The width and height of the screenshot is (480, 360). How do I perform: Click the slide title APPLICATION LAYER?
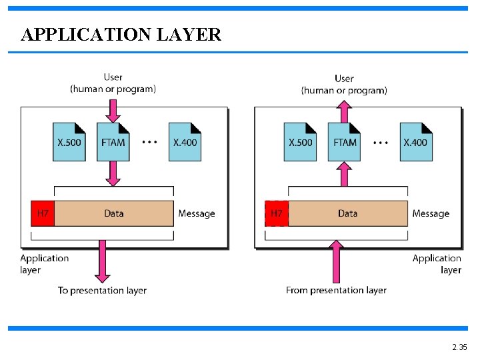click(121, 34)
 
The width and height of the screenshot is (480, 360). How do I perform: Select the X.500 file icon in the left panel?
click(69, 142)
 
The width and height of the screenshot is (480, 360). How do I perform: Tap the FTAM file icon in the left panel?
click(113, 142)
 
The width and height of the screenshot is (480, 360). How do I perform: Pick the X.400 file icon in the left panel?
click(185, 142)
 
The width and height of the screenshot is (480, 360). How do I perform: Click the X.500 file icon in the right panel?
click(300, 142)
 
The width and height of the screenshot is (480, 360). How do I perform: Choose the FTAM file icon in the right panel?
click(345, 142)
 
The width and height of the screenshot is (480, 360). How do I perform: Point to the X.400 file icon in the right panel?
click(416, 142)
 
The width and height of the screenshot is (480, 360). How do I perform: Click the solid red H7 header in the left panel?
click(43, 213)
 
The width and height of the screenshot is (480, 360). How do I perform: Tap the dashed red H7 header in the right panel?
click(277, 213)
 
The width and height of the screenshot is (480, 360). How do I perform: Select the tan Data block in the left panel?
click(114, 213)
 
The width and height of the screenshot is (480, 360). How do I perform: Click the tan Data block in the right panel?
click(348, 213)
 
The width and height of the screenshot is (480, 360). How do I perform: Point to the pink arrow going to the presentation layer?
click(102, 261)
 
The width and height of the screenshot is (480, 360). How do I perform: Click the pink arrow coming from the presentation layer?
click(336, 261)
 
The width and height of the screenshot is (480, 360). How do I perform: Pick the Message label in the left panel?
click(197, 213)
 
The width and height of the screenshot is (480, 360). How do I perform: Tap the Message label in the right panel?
click(431, 213)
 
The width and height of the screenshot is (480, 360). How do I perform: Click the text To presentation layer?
click(102, 291)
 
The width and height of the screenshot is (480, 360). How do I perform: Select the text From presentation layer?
click(336, 290)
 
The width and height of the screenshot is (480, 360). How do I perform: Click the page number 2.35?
click(459, 347)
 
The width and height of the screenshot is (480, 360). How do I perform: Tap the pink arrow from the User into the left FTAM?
click(113, 111)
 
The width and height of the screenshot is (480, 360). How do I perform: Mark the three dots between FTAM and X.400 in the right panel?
click(381, 143)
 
